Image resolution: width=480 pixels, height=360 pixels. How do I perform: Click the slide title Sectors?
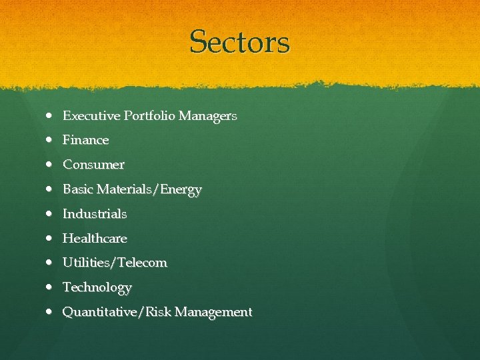240,42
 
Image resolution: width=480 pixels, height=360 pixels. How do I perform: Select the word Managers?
207,116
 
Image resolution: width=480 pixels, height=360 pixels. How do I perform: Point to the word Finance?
85,140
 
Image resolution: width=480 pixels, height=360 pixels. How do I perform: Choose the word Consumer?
93,165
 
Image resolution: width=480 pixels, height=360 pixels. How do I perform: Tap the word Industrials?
95,214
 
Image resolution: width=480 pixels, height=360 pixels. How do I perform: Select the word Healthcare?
95,238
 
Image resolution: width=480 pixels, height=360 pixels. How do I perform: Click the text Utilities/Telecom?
115,263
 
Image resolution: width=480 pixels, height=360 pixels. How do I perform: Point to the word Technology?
97,288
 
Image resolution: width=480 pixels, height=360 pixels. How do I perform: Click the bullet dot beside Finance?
51,140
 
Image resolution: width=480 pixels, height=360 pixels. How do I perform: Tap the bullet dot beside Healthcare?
51,238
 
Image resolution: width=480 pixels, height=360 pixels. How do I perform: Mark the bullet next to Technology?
51,287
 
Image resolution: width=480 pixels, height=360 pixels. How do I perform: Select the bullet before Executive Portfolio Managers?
51,116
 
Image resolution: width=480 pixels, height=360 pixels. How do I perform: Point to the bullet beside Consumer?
51,165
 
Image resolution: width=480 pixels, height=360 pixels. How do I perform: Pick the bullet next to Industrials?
51,214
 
